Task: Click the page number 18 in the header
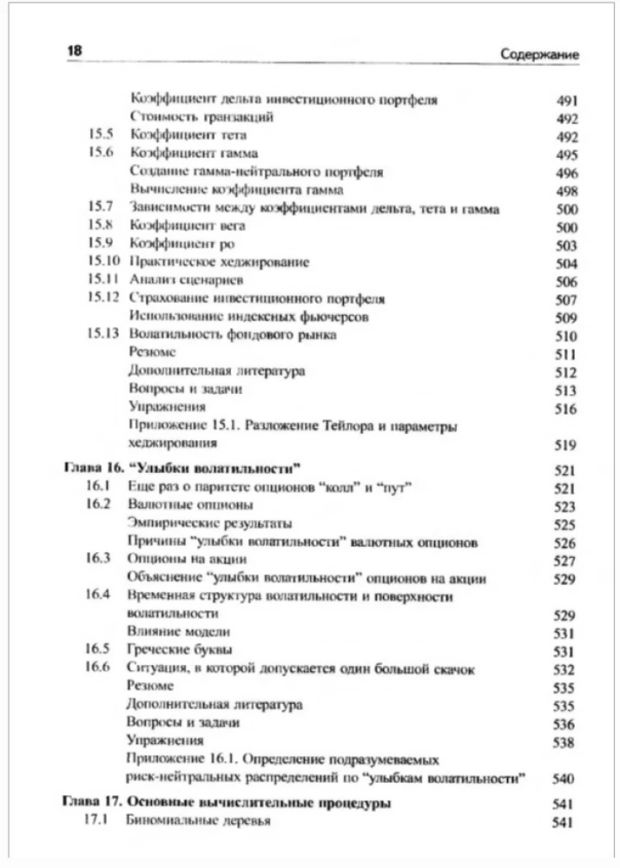74,52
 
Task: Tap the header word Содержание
539,54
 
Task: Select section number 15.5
102,135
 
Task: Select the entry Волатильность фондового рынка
232,334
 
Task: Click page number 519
566,444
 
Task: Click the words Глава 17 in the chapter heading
94,803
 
